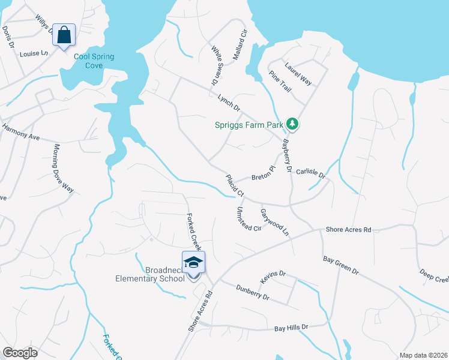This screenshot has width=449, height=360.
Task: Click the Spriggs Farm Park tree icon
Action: click(293, 124)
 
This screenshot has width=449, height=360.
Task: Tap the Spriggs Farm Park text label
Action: click(249, 125)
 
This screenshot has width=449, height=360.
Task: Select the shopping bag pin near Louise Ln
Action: click(64, 35)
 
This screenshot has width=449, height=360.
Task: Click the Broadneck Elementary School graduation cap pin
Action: click(193, 263)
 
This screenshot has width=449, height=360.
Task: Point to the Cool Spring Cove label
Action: click(94, 61)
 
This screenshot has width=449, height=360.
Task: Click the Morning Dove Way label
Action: click(63, 168)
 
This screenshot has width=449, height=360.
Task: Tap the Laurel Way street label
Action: click(298, 74)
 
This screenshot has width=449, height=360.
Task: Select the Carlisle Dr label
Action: click(310, 173)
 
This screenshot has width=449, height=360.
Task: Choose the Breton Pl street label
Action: click(262, 174)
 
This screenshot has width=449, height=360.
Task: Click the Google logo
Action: click(20, 353)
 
